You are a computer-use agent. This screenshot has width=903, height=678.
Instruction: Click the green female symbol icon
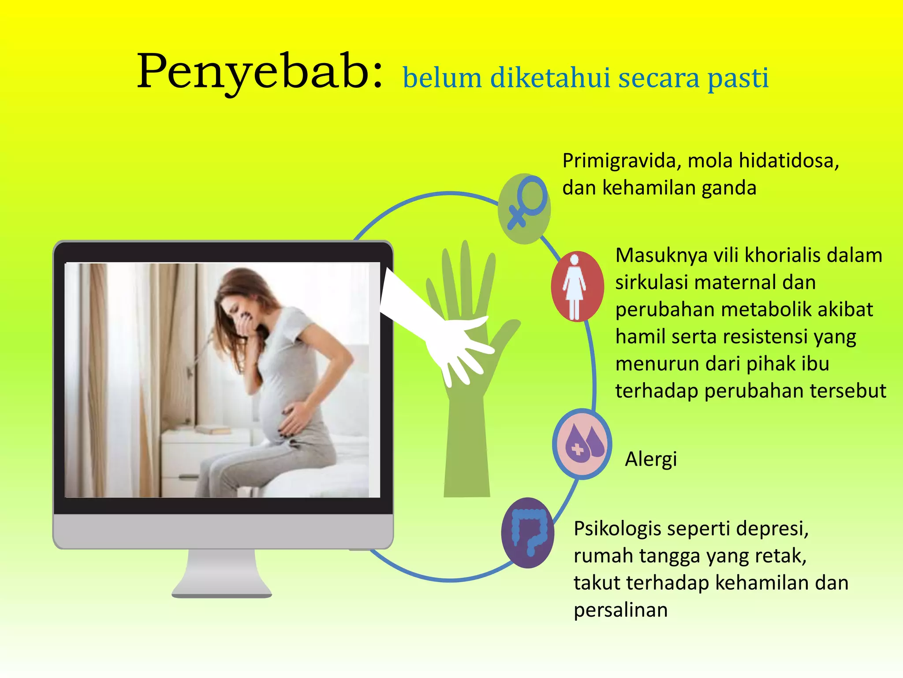[x=524, y=209]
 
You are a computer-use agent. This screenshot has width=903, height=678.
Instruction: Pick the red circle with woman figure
[x=577, y=286]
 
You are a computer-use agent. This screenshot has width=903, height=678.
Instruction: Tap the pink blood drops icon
[x=582, y=444]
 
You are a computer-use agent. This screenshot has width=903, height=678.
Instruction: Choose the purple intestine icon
[x=528, y=533]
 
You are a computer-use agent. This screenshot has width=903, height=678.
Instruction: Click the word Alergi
[x=651, y=460]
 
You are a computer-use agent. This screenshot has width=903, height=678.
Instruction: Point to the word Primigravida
[x=619, y=161]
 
